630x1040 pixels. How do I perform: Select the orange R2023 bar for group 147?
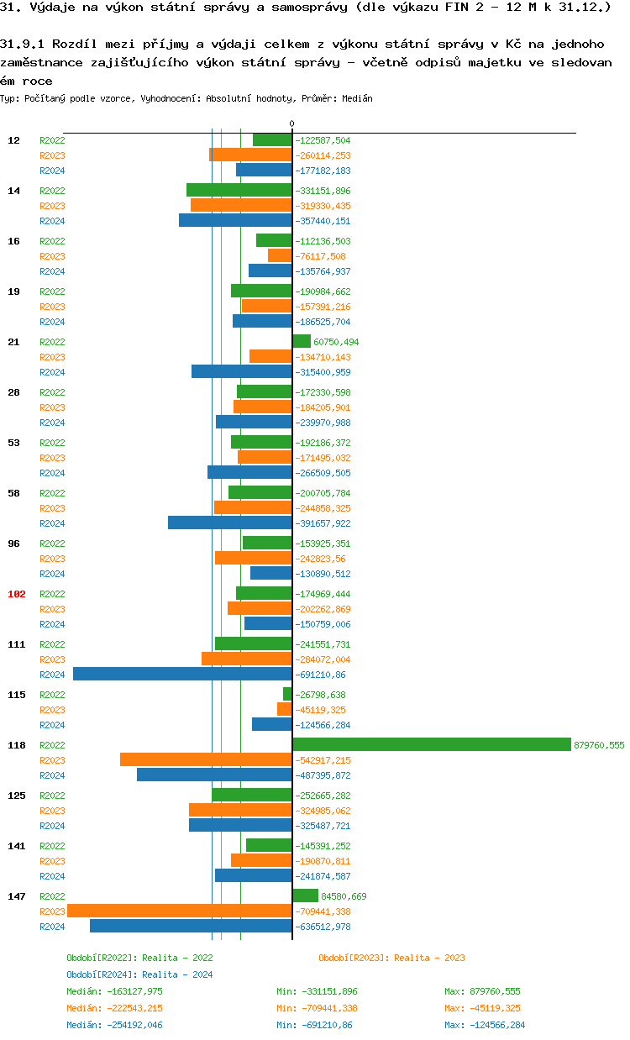[x=180, y=911]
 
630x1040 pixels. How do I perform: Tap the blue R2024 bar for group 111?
[x=182, y=674]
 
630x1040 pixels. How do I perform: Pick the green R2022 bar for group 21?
[x=302, y=341]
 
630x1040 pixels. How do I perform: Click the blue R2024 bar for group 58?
[x=230, y=523]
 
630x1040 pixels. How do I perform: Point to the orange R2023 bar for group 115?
[x=285, y=709]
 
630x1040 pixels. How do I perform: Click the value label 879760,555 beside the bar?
[x=599, y=745]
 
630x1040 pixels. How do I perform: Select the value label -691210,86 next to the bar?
[x=321, y=675]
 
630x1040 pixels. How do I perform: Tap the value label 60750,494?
[x=338, y=342]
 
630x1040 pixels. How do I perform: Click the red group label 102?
[x=17, y=594]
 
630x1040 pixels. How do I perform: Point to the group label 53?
[x=14, y=443]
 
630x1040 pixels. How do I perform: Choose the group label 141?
[x=17, y=846]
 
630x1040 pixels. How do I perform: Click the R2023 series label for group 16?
[x=52, y=256]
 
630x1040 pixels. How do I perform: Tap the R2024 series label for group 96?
[x=52, y=574]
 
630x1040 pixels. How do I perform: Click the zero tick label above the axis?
[x=292, y=123]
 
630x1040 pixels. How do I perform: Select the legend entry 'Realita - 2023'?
[x=391, y=958]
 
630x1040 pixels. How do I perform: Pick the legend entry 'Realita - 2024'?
[x=139, y=974]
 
